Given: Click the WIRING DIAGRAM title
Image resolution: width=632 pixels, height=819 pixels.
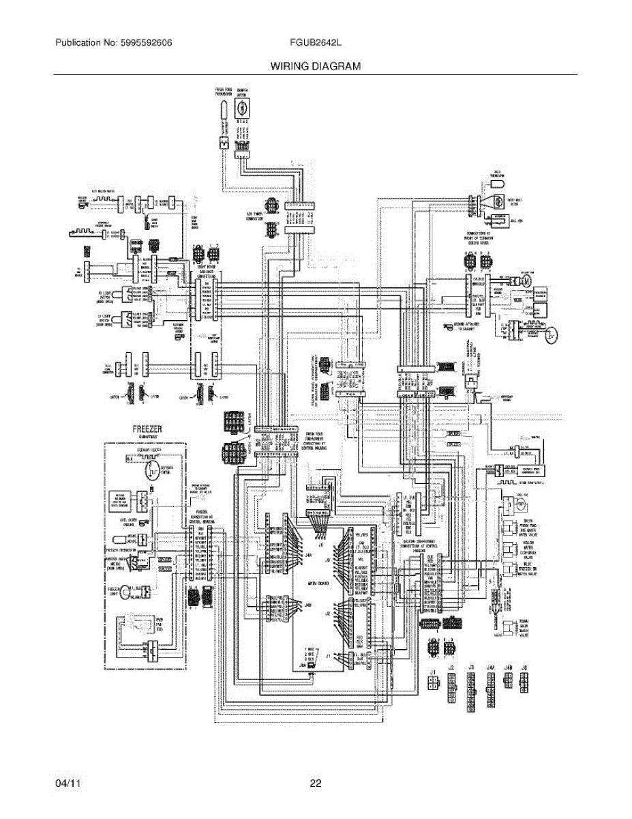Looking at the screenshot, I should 315,66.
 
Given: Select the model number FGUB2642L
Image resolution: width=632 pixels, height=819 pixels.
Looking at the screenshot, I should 315,42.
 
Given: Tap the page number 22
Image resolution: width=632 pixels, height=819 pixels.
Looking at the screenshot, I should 315,784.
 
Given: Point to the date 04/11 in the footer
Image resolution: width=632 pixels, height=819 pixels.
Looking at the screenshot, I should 68,784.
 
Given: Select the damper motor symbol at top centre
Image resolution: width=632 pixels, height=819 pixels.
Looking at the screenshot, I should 241,108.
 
